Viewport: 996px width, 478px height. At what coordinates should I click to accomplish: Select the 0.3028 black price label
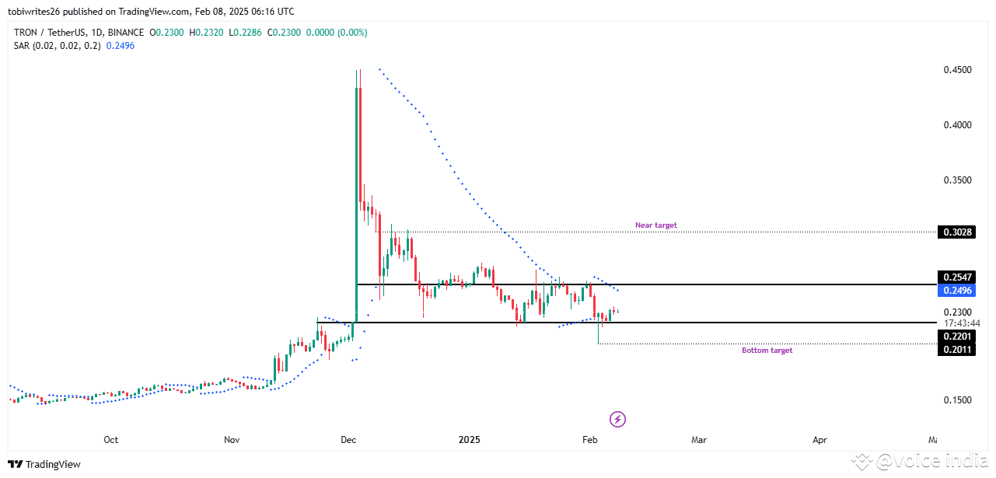956,232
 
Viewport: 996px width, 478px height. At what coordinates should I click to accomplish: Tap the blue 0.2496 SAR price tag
956,290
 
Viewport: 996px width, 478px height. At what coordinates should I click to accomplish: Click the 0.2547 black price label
956,277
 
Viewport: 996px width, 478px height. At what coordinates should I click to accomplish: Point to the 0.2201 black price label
956,336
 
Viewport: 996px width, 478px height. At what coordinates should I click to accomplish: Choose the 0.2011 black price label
956,349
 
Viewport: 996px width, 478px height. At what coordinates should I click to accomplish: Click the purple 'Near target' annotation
655,225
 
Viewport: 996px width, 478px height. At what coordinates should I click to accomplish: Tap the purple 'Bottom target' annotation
767,351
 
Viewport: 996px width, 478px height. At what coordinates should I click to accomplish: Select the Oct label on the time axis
111,440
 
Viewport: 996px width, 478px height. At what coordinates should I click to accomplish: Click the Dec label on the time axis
348,440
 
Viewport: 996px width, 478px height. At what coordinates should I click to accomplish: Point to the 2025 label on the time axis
469,440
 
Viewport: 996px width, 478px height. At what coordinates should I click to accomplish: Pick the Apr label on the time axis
820,440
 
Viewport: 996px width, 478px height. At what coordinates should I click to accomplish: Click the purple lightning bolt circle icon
618,420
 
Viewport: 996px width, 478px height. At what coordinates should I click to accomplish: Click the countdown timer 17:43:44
961,323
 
